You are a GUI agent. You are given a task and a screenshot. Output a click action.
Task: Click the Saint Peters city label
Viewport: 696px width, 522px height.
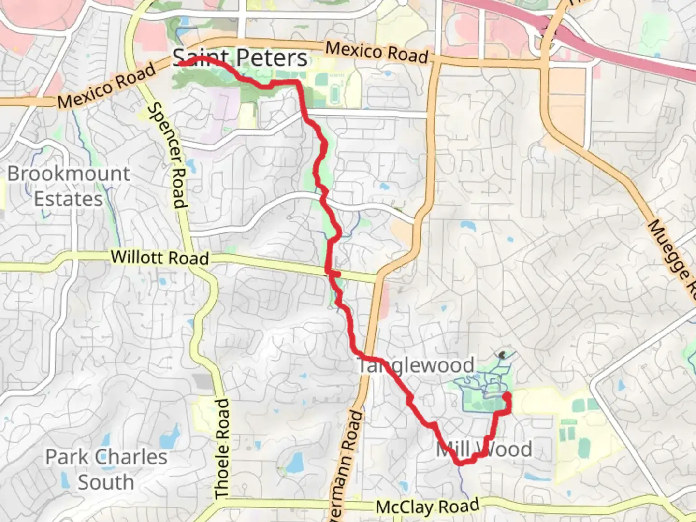click(x=240, y=58)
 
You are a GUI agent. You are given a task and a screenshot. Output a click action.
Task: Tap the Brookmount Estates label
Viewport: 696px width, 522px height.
click(x=69, y=186)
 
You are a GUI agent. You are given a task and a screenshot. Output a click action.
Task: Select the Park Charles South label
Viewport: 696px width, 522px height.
click(x=106, y=469)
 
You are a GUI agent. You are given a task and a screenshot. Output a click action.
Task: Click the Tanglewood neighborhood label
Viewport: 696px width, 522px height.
click(x=416, y=365)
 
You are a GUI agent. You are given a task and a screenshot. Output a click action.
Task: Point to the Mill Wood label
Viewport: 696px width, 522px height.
click(x=484, y=449)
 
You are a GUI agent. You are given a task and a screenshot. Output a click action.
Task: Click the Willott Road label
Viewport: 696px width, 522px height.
click(x=160, y=257)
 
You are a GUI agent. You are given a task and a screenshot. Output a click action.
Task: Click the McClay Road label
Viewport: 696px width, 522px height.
click(x=428, y=507)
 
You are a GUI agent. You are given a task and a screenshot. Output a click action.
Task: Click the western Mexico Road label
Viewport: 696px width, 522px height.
click(x=107, y=86)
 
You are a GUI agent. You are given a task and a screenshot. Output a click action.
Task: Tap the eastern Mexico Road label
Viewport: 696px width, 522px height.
click(x=377, y=52)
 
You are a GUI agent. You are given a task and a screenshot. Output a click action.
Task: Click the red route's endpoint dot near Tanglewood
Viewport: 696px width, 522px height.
click(x=507, y=397)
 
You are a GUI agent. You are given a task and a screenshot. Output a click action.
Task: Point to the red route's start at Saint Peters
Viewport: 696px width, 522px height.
click(x=179, y=63)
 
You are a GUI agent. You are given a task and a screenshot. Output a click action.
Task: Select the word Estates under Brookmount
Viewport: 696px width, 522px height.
click(x=69, y=199)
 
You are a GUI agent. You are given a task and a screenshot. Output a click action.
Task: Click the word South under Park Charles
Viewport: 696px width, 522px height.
click(x=106, y=482)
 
